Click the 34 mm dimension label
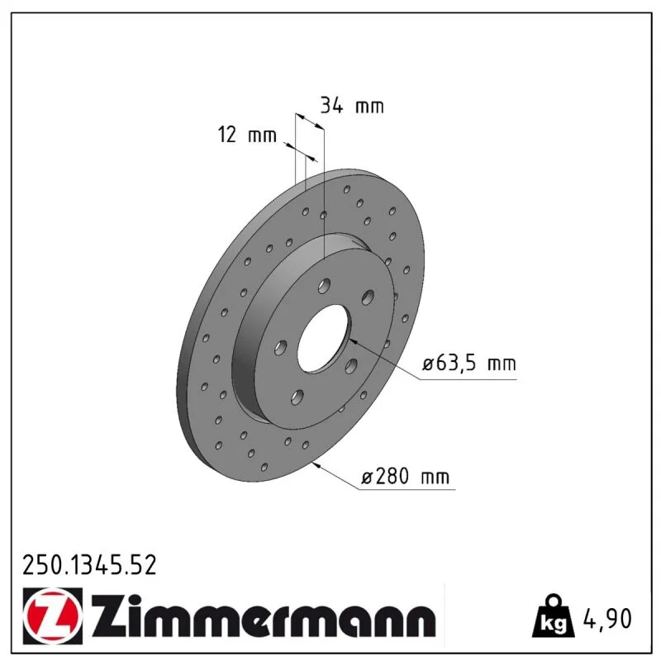tap(352, 106)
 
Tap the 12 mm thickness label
tap(247, 135)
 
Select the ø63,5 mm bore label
tap(469, 363)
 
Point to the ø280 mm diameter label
tap(406, 477)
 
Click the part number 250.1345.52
tap(89, 565)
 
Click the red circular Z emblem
tap(53, 616)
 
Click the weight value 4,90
tap(607, 618)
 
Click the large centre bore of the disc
tap(324, 339)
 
